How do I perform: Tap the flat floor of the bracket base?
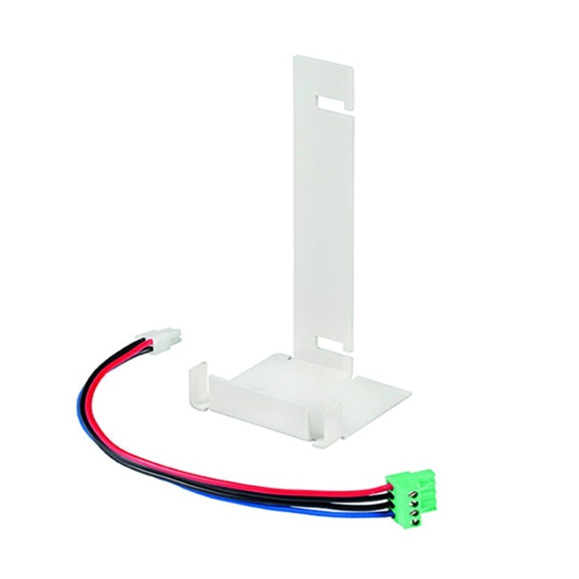pyautogui.click(x=322, y=386)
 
